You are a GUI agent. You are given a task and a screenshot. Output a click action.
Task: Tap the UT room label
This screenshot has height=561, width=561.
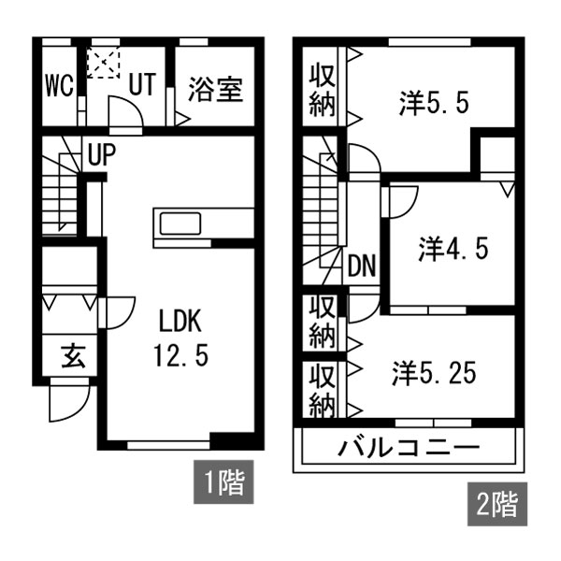point(142,84)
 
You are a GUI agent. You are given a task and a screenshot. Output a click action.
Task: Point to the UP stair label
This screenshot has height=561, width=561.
point(102,155)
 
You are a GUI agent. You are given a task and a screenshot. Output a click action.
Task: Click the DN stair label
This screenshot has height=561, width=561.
point(362,266)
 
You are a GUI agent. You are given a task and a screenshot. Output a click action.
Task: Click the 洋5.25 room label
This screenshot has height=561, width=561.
point(434,373)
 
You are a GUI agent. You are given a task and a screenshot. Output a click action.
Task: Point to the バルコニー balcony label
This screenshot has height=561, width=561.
point(408,447)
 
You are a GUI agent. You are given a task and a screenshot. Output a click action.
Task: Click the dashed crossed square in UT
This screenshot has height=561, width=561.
point(100,64)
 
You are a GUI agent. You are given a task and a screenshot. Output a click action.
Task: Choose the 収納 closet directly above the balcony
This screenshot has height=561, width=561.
point(323,390)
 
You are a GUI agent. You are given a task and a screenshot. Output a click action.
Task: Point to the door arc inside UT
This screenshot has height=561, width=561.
point(125,114)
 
